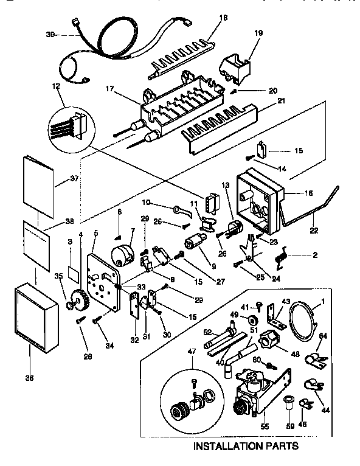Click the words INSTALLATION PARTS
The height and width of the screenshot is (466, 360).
click(x=246, y=447)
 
